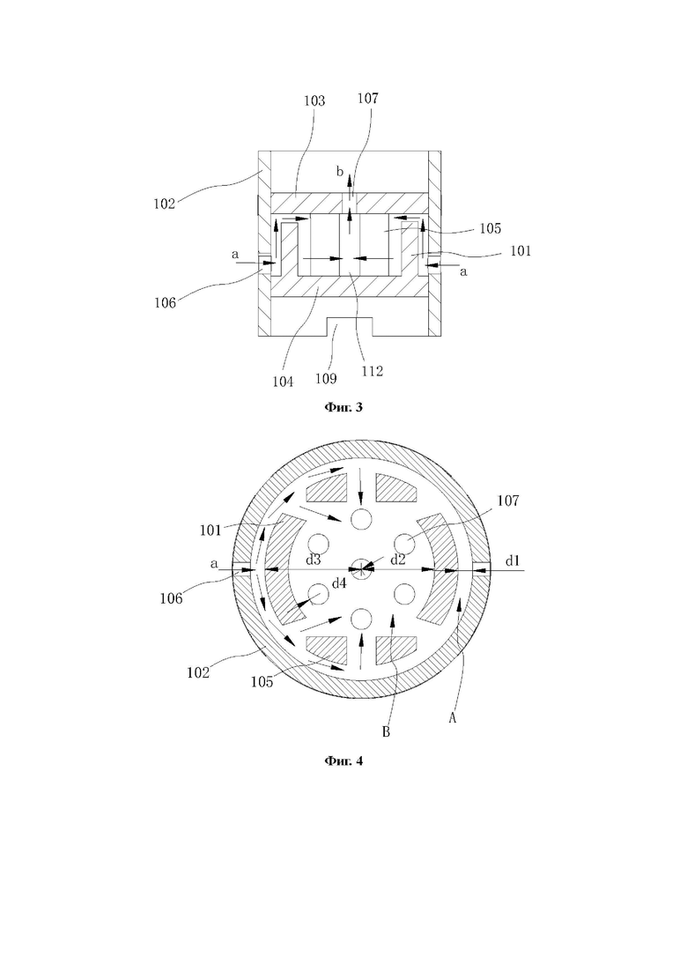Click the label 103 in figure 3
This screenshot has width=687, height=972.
pos(314,101)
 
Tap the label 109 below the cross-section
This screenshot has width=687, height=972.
pos(326,378)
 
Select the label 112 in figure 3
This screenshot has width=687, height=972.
pos(373,371)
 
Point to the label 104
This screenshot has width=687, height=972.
pos(283,382)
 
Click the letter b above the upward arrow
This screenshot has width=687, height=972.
pos(340,172)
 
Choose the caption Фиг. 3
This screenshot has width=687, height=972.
pos(343,407)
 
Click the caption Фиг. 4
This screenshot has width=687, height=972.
pos(343,761)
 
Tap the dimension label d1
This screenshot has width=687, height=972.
pos(513,561)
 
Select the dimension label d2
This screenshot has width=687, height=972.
pos(398,560)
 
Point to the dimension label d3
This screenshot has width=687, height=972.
pos(314,560)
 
